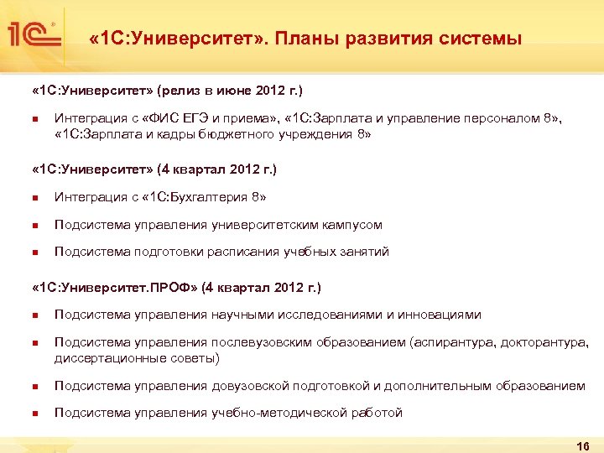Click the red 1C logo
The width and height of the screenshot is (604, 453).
[x=31, y=34]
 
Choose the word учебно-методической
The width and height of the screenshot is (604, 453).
[x=271, y=413]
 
